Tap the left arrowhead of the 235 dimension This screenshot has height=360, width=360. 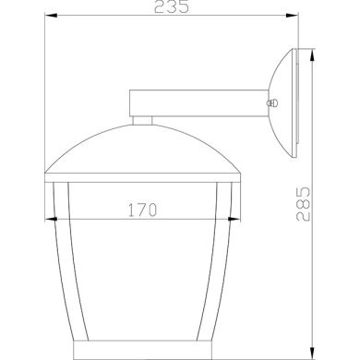(49, 17)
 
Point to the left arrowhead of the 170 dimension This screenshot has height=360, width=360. (51, 220)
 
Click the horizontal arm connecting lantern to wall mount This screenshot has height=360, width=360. (198, 102)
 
